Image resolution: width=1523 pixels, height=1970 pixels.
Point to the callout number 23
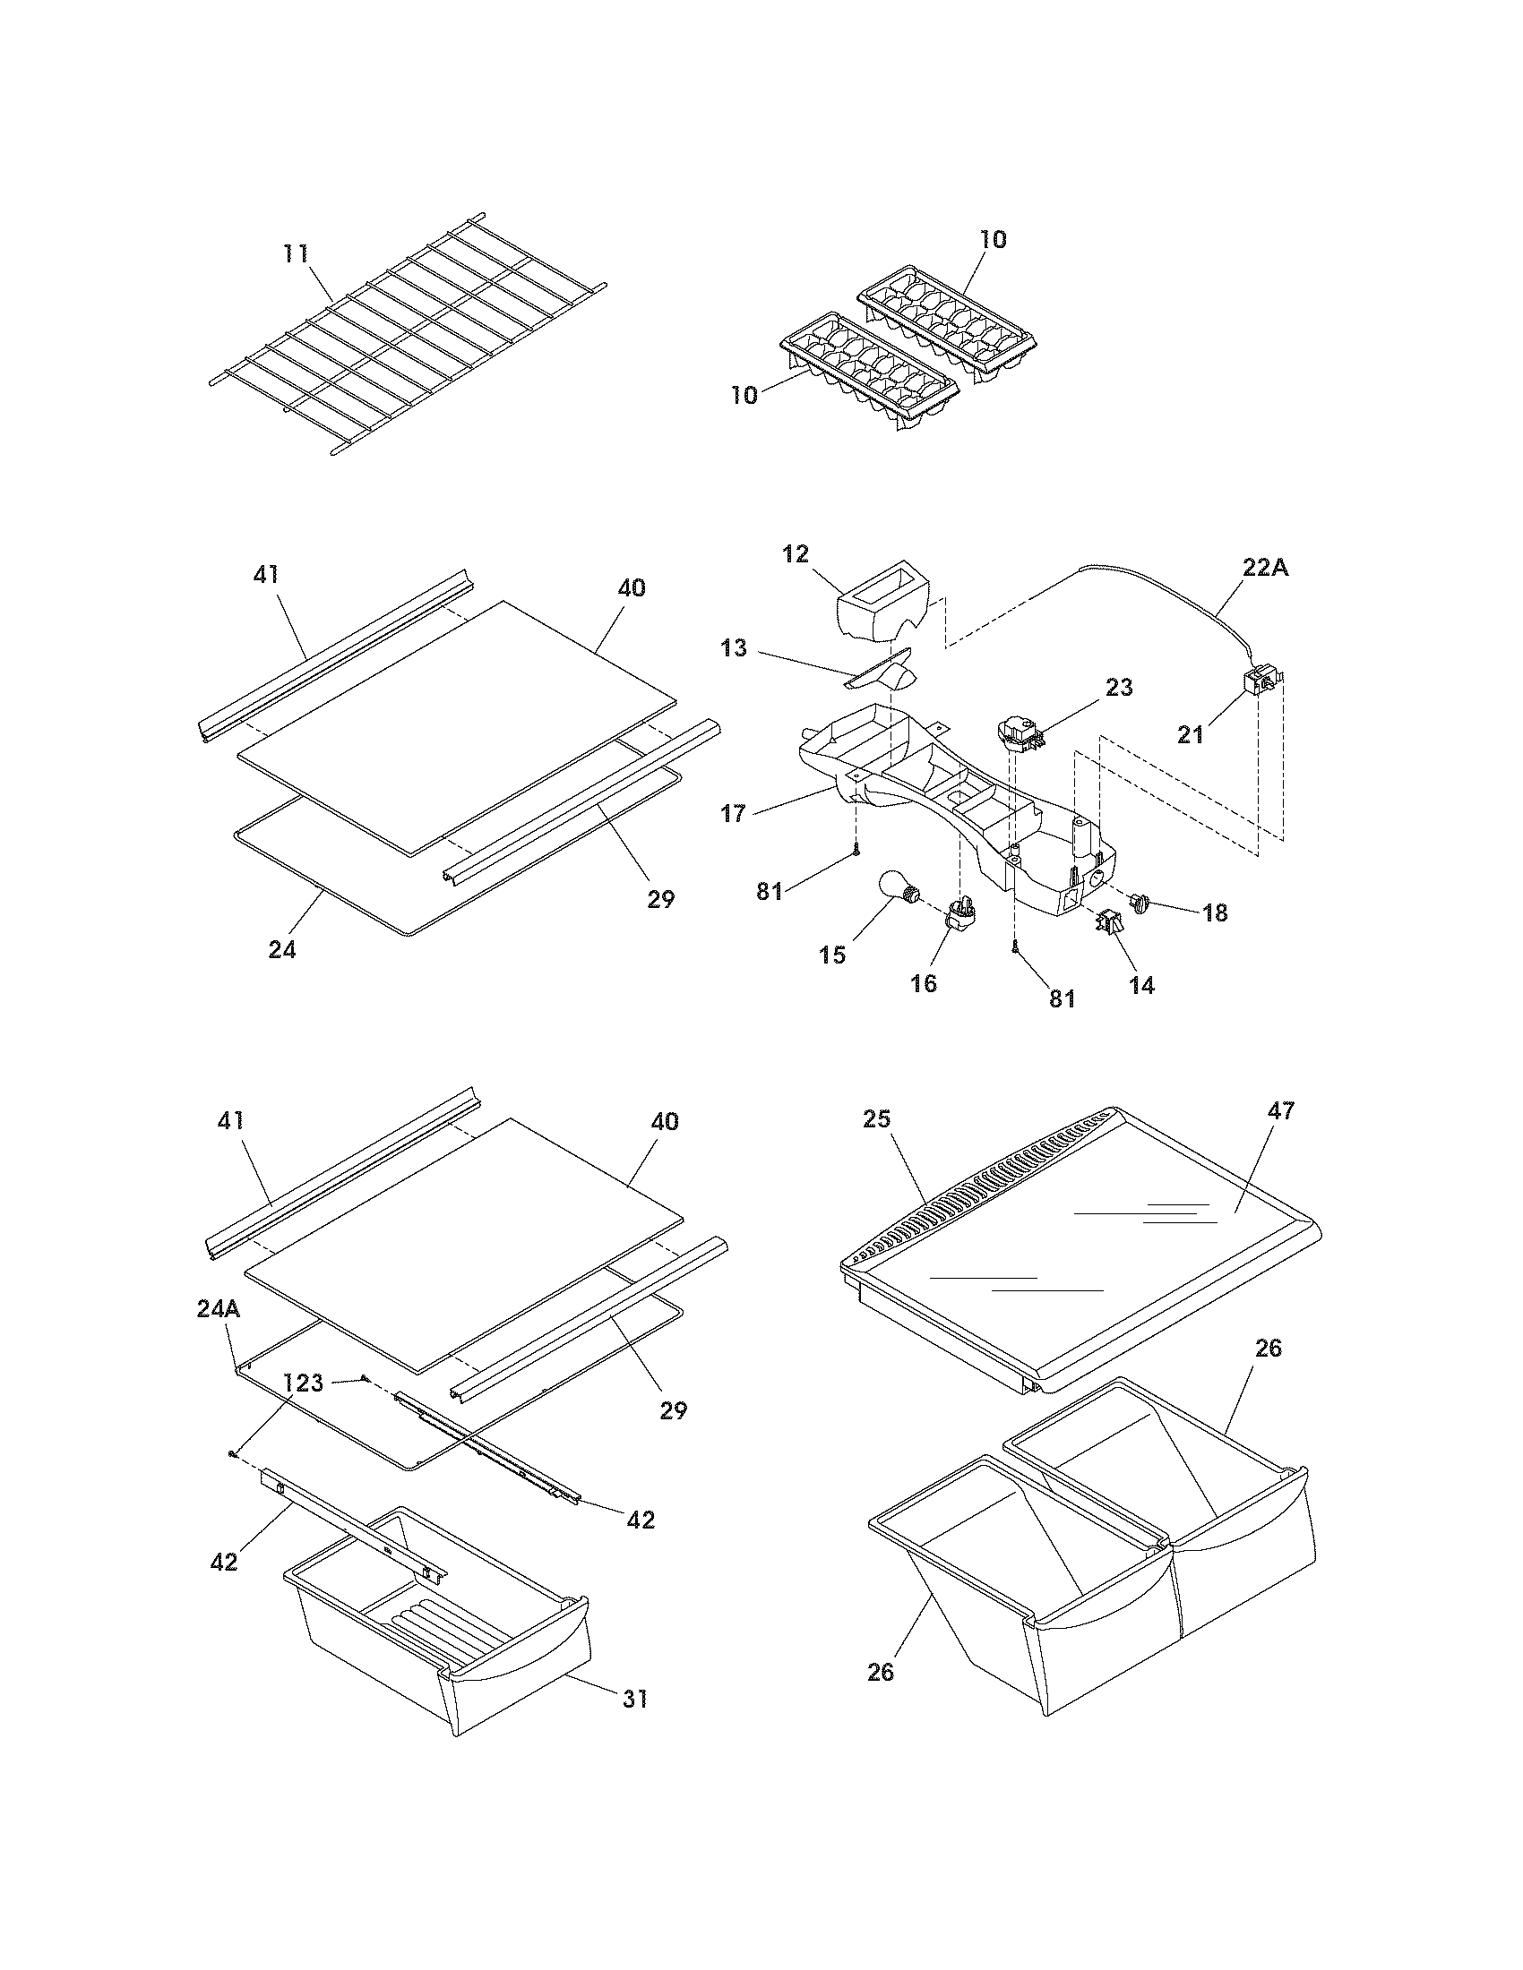[x=1119, y=687]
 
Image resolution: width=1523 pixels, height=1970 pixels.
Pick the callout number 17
[x=734, y=813]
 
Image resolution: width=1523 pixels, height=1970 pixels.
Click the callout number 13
[x=735, y=647]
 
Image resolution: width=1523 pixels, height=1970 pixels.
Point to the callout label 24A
[x=219, y=1309]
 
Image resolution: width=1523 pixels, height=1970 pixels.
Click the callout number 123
[x=304, y=1382]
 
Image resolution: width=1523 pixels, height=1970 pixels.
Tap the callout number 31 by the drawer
[x=635, y=1699]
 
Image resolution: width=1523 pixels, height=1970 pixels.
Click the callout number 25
[x=877, y=1118]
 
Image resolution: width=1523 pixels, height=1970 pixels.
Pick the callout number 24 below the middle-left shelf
[x=282, y=949]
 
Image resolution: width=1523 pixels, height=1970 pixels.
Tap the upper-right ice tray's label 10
[x=993, y=239]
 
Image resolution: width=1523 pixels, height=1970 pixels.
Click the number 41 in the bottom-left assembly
[x=231, y=1121]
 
